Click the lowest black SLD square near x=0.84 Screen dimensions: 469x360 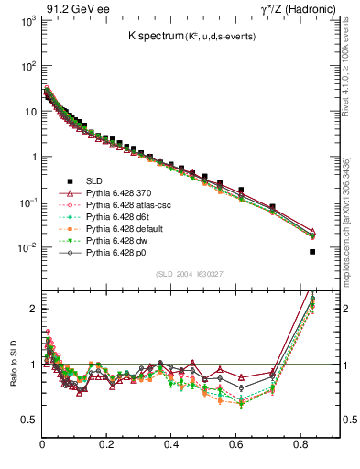coord(312,252)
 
